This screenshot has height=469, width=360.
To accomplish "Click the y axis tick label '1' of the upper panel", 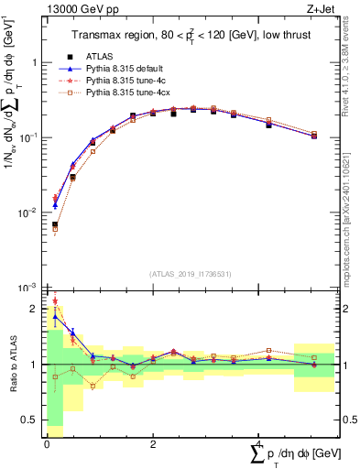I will pos(33,63).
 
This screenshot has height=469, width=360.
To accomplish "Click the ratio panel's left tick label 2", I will pos(33,309).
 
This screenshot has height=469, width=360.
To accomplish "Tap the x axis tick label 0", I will pos(47,444).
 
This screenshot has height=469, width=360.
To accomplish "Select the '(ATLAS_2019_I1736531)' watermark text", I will pos(190,274).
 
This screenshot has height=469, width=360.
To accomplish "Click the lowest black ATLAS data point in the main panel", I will pos(55,224).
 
